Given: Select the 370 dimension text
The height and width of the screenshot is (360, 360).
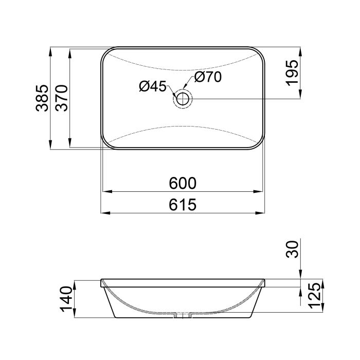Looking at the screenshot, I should pyautogui.click(x=62, y=98).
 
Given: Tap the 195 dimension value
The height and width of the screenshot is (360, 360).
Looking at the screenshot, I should pyautogui.click(x=291, y=73).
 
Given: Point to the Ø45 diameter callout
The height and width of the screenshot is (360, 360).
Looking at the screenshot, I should pyautogui.click(x=152, y=87).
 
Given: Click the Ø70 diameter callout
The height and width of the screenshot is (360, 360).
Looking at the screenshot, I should pyautogui.click(x=208, y=77).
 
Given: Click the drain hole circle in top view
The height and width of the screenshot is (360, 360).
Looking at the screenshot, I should pyautogui.click(x=183, y=98).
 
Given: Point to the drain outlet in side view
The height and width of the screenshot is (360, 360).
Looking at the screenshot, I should pyautogui.click(x=183, y=314).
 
